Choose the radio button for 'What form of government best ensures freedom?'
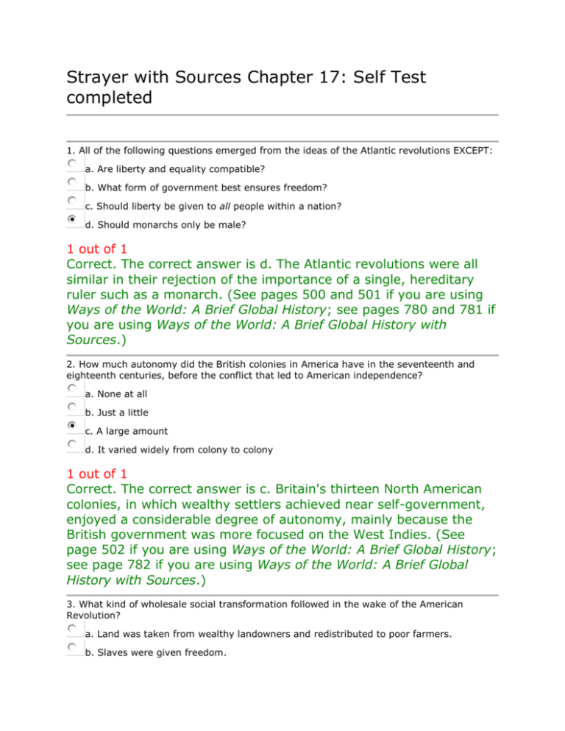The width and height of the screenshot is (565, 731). [71, 182]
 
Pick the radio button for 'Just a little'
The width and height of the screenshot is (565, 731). [71, 407]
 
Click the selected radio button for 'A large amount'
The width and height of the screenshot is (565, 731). [71, 426]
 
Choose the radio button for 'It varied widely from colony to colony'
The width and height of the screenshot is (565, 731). [71, 445]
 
